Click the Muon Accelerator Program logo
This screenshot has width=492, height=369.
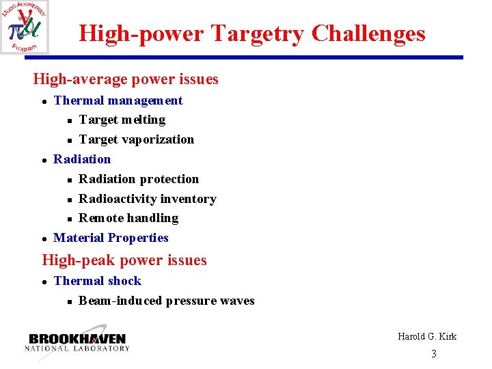click(25, 27)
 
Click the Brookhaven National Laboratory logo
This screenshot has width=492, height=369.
click(77, 342)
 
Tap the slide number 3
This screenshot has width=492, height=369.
click(433, 353)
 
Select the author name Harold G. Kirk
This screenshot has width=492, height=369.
click(427, 336)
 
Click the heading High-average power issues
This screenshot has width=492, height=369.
click(126, 79)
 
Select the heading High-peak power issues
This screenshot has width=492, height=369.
click(124, 260)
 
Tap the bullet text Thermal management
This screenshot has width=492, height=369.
click(118, 100)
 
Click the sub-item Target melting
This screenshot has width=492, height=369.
click(122, 120)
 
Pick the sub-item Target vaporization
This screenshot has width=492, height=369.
click(137, 139)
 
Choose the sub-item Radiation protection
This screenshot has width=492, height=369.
click(139, 179)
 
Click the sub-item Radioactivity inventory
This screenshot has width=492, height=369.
click(148, 199)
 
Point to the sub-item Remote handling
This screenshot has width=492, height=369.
click(128, 218)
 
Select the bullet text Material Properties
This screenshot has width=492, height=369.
click(111, 238)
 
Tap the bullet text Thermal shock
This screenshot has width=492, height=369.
click(97, 281)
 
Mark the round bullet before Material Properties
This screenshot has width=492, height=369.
click(44, 238)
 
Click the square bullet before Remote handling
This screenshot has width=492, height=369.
click(70, 219)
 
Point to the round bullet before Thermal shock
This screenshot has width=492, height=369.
click(44, 282)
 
